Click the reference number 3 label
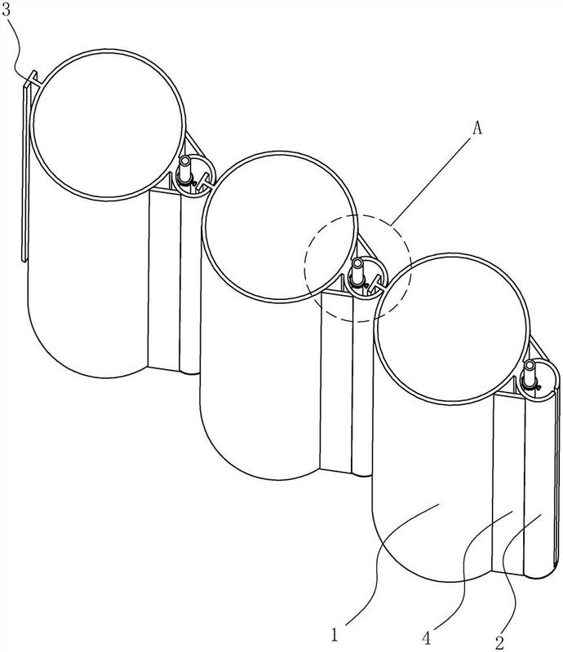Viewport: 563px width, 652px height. point(7,9)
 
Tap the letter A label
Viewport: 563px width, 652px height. point(477,129)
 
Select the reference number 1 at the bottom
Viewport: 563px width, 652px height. point(335,635)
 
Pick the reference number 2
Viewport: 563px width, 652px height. point(499,643)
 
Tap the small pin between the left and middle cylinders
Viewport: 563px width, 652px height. point(184,169)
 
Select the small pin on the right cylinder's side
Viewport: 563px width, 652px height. point(530,372)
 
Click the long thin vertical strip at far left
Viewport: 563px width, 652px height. point(27,166)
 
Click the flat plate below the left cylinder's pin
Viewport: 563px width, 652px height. point(164,280)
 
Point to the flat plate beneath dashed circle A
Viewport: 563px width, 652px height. point(336,381)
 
